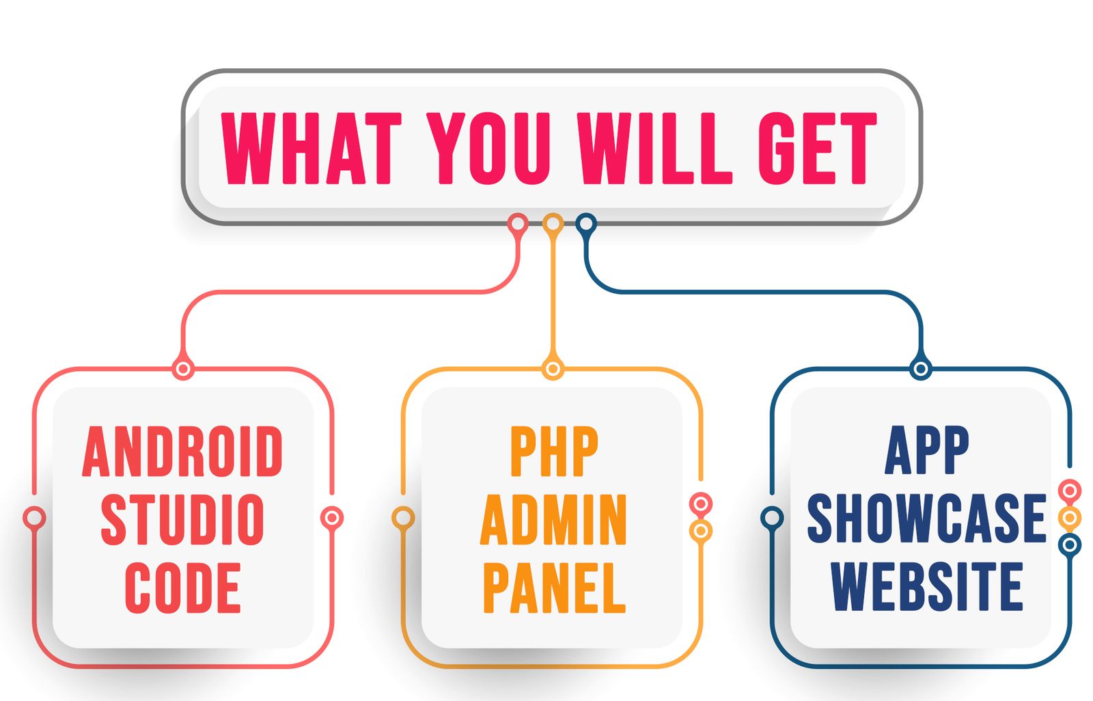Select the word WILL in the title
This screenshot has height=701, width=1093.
pos(654,148)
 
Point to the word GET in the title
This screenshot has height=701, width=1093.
pos(818,148)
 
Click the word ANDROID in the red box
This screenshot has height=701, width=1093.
pos(182,451)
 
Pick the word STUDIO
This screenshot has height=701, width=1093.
pos(182,519)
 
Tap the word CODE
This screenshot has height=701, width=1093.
pos(183,588)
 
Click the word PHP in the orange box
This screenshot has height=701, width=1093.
pos(554,451)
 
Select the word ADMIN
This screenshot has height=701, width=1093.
pos(553,519)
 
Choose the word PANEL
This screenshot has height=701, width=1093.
pos(554,588)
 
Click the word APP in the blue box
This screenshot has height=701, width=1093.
pos(926,450)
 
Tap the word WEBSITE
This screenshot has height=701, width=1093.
pos(926,586)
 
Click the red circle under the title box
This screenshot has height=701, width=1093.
pos(518,224)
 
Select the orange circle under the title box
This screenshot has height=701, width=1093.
pos(553,224)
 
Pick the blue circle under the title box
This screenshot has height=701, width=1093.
pos(586,224)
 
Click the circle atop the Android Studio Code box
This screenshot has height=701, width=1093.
pos(184,369)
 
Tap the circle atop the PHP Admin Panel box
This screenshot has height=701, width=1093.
pos(553,369)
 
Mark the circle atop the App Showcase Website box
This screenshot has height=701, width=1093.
pos(921,369)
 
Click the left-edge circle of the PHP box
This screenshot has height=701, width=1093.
pos(403,518)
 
